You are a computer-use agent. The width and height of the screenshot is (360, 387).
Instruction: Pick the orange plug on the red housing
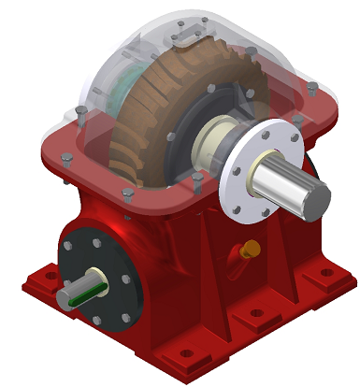(251, 250)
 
